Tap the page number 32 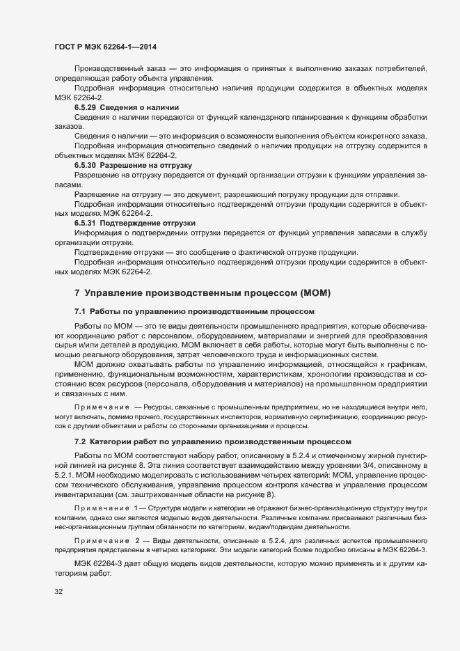point(58,593)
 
